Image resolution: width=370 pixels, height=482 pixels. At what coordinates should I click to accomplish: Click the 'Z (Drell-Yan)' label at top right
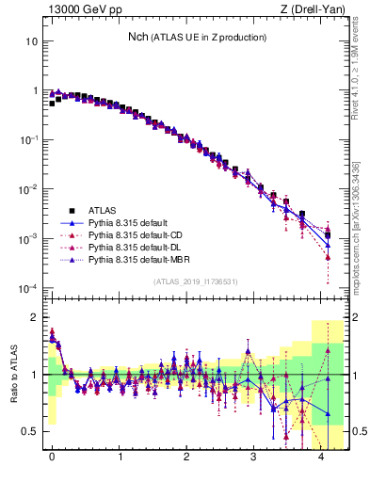point(313,9)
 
